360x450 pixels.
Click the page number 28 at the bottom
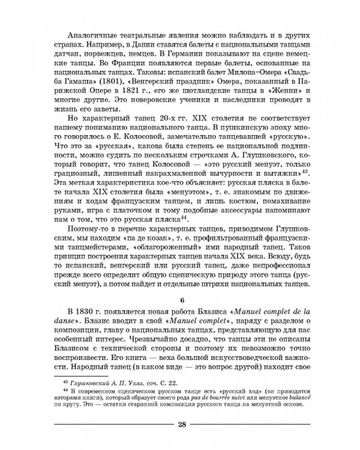tap(181, 426)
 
